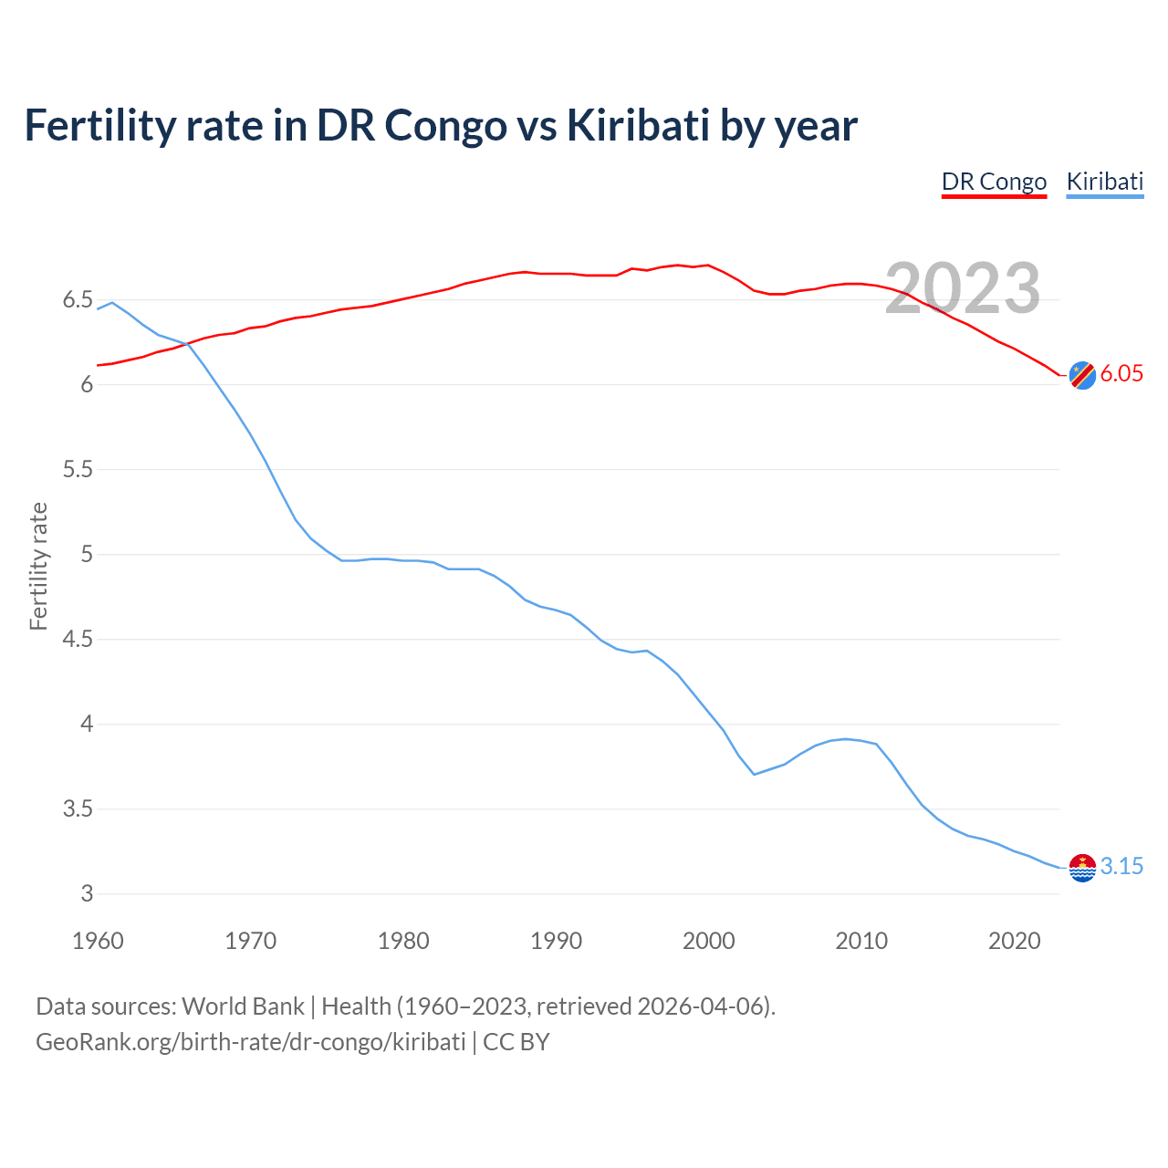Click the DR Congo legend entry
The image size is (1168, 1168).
[994, 182]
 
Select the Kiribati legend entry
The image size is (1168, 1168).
[1104, 182]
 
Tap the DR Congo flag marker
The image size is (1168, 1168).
[1082, 375]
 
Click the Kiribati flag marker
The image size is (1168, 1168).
[1082, 868]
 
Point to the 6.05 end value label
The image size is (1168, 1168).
[1121, 374]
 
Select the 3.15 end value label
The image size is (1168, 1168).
[1121, 867]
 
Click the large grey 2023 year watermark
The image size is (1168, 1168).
[963, 288]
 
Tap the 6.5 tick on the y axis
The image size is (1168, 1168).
[78, 300]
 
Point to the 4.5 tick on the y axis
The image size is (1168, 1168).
[78, 640]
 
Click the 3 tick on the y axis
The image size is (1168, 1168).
[87, 894]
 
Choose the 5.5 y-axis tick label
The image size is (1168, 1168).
[78, 470]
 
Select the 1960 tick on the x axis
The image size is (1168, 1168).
[98, 941]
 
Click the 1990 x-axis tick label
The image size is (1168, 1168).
[556, 941]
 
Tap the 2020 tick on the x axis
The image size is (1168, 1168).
[1014, 941]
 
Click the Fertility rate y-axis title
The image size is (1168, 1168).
[38, 566]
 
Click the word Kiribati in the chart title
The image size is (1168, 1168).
[638, 126]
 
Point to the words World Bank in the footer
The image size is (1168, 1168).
[243, 1006]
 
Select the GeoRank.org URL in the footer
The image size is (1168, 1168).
[250, 1042]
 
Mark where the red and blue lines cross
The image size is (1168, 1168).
[186, 344]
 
